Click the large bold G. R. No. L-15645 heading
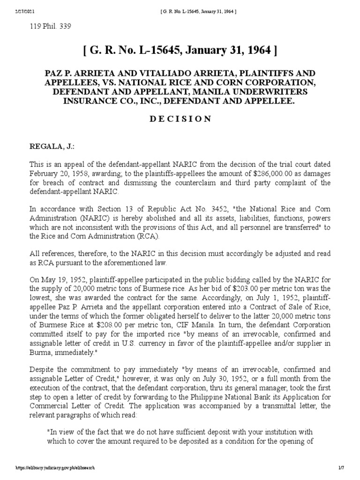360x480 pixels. click(x=179, y=51)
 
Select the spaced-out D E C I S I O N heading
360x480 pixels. click(x=180, y=119)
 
